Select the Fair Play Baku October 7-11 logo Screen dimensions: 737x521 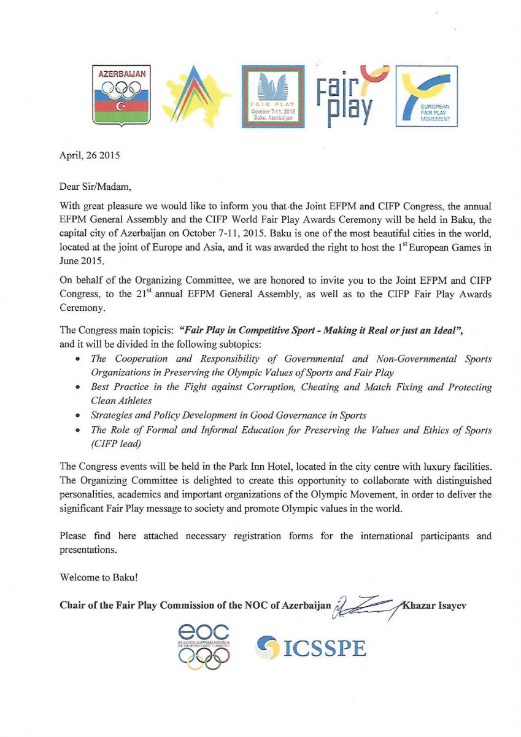[273, 96]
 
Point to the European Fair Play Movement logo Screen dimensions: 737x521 [426, 96]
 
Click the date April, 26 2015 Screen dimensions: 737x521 [90, 155]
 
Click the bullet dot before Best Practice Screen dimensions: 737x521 [79, 388]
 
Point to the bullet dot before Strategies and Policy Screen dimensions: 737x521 [79, 416]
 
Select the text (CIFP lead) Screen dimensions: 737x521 [117, 443]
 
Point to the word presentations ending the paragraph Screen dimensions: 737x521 [87, 550]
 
